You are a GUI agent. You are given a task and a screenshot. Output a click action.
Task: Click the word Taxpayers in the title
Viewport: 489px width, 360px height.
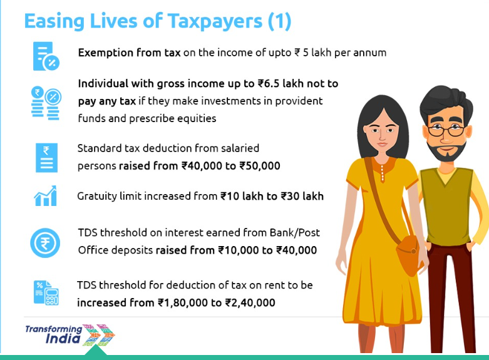coord(215,22)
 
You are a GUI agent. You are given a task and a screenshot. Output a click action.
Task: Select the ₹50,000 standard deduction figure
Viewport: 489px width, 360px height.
coord(260,166)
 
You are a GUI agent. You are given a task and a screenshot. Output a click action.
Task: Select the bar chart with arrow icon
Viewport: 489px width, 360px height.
coord(46,196)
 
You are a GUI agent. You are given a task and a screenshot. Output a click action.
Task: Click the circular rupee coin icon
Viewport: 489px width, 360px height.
coord(45,243)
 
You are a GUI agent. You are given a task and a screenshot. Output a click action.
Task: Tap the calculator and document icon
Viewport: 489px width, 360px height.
coord(46,292)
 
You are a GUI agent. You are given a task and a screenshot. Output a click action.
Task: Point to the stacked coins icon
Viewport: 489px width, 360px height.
coord(46,103)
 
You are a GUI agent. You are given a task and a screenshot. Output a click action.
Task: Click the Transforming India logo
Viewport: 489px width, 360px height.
coord(70,335)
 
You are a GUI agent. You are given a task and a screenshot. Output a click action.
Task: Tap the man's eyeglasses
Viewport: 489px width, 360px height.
coord(446,130)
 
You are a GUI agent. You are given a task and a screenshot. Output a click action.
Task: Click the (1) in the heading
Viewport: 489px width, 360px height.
coord(279,22)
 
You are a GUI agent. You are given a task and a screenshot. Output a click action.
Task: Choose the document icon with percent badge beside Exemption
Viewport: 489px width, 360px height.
coord(46,56)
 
